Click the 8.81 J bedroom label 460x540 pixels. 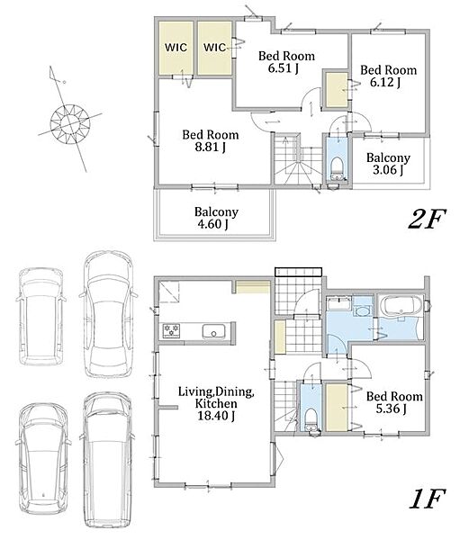pyautogui.click(x=210, y=141)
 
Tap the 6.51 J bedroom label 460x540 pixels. pyautogui.click(x=286, y=62)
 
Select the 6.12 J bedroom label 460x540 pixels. pyautogui.click(x=388, y=76)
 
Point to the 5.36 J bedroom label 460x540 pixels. pyautogui.click(x=394, y=402)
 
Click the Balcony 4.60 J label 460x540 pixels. pyautogui.click(x=216, y=218)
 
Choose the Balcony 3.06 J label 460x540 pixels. pyautogui.click(x=388, y=164)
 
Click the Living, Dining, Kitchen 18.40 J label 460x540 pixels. pyautogui.click(x=216, y=403)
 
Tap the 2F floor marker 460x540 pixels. pyautogui.click(x=427, y=219)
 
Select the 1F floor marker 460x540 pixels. pyautogui.click(x=428, y=499)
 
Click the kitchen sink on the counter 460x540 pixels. pyautogui.click(x=213, y=331)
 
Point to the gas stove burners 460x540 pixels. pyautogui.click(x=171, y=330)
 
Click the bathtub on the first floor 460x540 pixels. pyautogui.click(x=401, y=306)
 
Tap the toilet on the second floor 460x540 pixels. pyautogui.click(x=336, y=169)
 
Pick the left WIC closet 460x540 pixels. pyautogui.click(x=176, y=48)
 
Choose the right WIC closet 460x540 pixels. pyautogui.click(x=214, y=48)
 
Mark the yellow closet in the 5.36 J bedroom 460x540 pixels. pyautogui.click(x=337, y=408)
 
